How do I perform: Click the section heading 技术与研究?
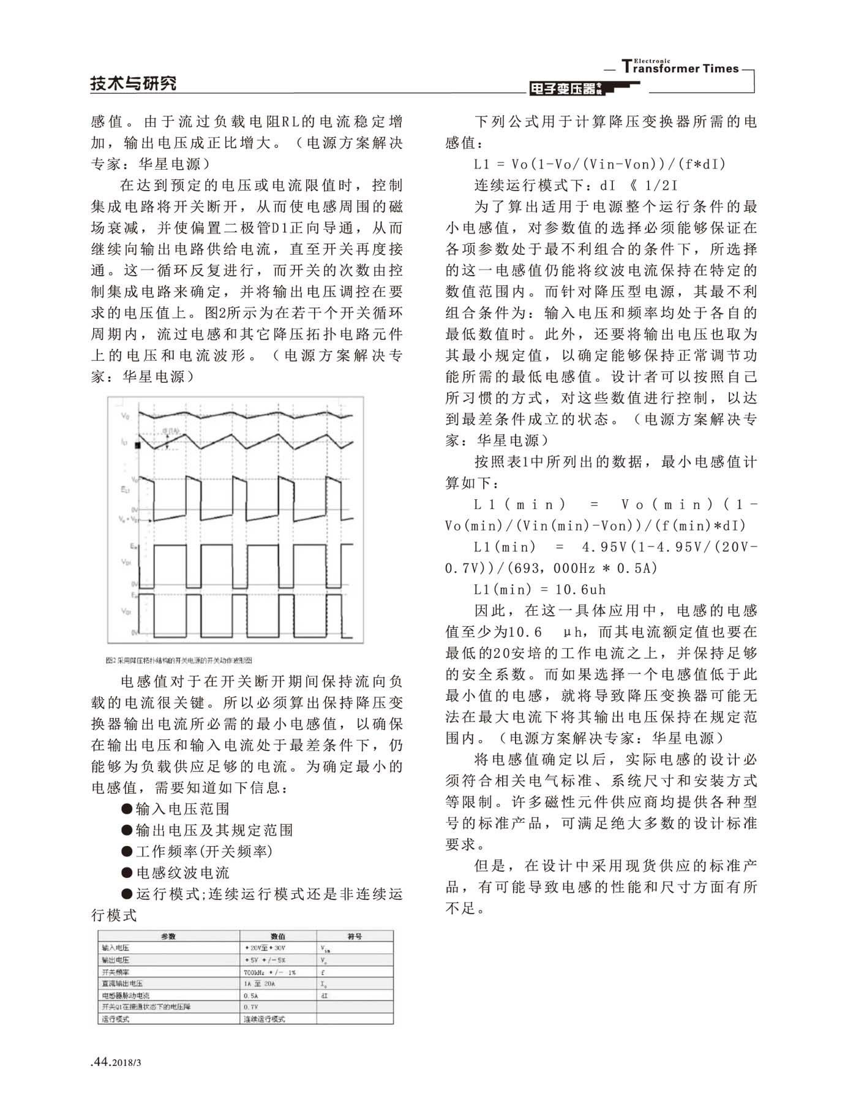point(133,83)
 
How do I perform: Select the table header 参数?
point(168,937)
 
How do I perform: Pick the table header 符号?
point(355,937)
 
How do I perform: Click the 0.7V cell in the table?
point(251,1007)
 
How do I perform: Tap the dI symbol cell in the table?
point(325,996)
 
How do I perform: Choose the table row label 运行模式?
point(116,1019)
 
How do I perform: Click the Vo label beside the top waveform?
point(126,416)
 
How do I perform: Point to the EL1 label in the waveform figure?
point(125,489)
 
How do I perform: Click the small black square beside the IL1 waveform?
point(138,445)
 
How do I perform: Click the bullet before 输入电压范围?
point(127,809)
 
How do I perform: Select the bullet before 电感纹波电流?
point(127,873)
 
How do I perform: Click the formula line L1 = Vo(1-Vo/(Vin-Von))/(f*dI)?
point(600,164)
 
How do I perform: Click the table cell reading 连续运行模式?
point(265,1019)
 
